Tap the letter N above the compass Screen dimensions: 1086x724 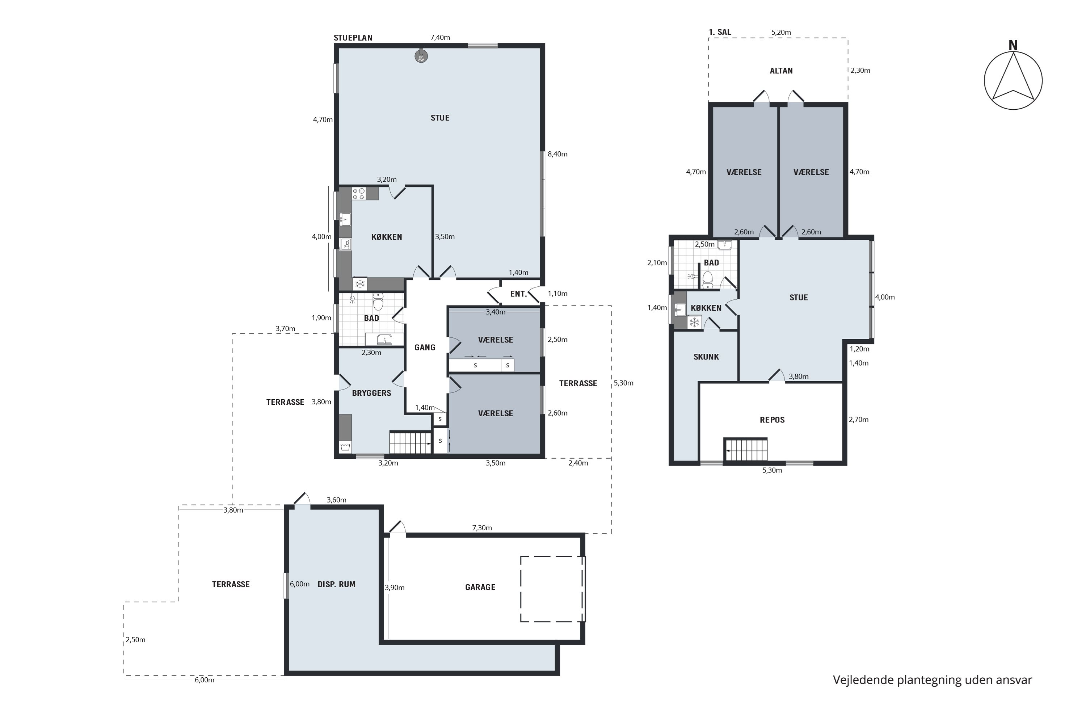click(x=1013, y=45)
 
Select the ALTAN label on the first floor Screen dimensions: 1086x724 click(x=781, y=71)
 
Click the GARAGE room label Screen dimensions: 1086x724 click(x=480, y=587)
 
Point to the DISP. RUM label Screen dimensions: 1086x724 click(x=337, y=585)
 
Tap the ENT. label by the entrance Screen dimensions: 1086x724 click(x=518, y=294)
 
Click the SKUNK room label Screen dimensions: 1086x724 click(x=706, y=357)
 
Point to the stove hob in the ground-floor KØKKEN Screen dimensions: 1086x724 click(x=359, y=193)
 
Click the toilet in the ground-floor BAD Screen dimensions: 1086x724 click(x=378, y=302)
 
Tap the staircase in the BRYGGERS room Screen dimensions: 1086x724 click(x=410, y=443)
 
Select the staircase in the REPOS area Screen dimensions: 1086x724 click(x=746, y=450)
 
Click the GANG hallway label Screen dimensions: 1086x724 click(x=425, y=348)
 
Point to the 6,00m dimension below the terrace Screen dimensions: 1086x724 click(x=204, y=680)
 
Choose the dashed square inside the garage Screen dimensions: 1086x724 click(x=553, y=589)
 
